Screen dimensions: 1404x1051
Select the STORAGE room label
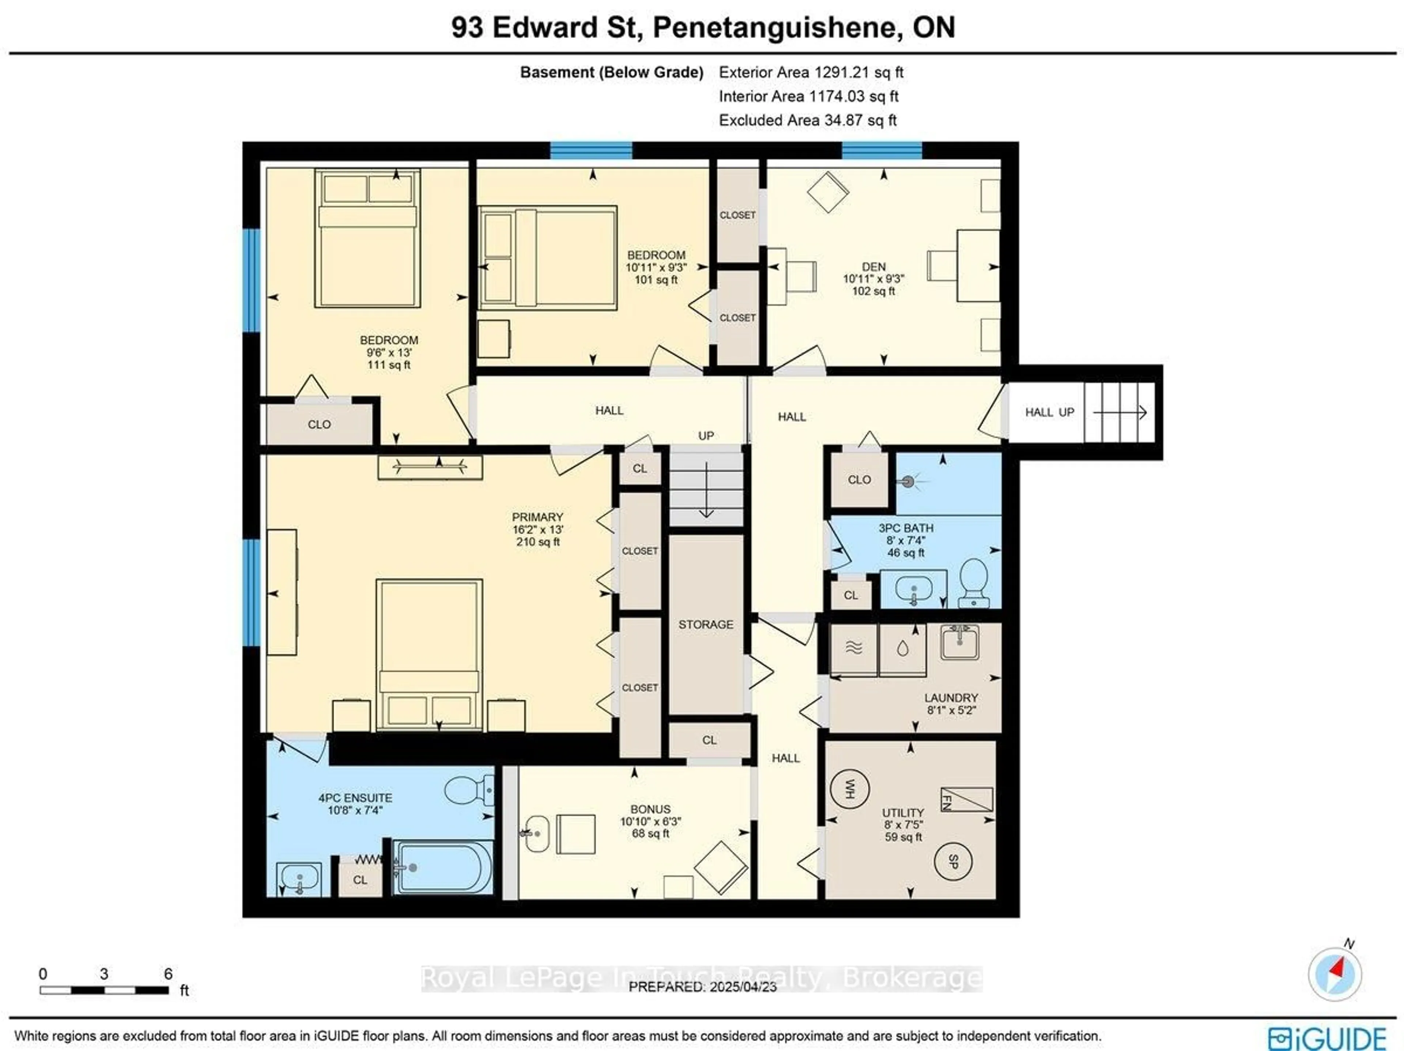pyautogui.click(x=706, y=625)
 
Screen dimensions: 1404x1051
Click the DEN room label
pyautogui.click(x=873, y=267)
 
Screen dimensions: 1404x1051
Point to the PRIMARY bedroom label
pyautogui.click(x=537, y=517)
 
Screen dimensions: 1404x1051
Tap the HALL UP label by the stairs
pyautogui.click(x=1049, y=412)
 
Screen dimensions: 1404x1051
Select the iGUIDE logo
pyautogui.click(x=1326, y=1038)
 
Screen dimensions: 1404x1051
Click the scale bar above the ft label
pyautogui.click(x=104, y=990)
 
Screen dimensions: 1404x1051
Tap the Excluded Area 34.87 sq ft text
pyautogui.click(x=807, y=120)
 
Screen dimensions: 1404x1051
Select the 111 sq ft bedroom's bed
pyautogui.click(x=367, y=238)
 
